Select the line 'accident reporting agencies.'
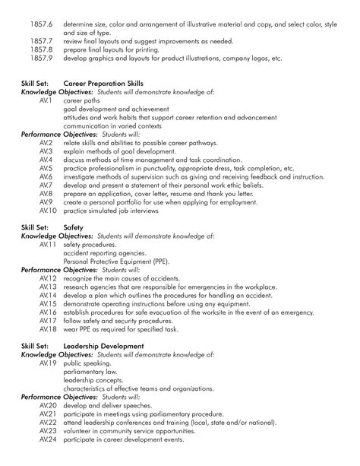click(103, 253)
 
